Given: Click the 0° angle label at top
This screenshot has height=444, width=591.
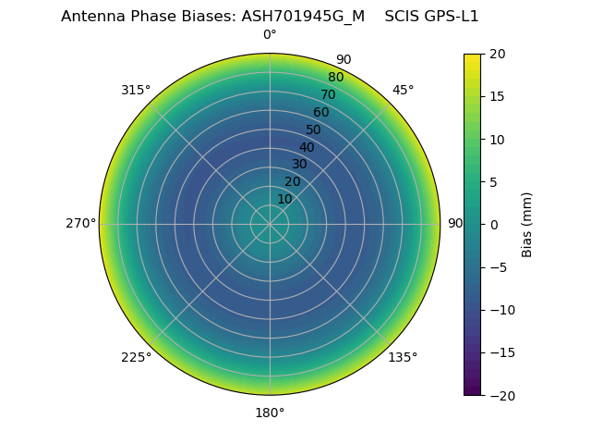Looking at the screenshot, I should pyautogui.click(x=270, y=35).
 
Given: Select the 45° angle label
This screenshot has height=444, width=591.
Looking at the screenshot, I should pyautogui.click(x=403, y=90).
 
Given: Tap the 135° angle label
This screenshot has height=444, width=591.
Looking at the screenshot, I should pyautogui.click(x=403, y=357).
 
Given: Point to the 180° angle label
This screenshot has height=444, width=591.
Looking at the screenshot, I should pyautogui.click(x=270, y=413).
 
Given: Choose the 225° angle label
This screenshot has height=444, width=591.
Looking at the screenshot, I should pyautogui.click(x=136, y=357).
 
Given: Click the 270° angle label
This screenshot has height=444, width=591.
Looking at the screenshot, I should pyautogui.click(x=80, y=224).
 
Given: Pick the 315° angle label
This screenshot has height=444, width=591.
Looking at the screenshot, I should pyautogui.click(x=136, y=90).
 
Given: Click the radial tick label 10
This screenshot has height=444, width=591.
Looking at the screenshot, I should pyautogui.click(x=284, y=199).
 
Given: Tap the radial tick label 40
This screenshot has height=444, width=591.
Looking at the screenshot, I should pyautogui.click(x=307, y=147).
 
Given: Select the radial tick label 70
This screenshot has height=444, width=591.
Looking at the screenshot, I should pyautogui.click(x=328, y=94).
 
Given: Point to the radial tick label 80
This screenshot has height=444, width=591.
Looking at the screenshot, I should pyautogui.click(x=335, y=77).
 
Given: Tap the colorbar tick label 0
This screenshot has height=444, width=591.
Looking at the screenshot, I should pyautogui.click(x=492, y=224).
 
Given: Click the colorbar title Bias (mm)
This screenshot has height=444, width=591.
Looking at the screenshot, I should pyautogui.click(x=527, y=224).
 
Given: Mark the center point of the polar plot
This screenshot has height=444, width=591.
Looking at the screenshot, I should pyautogui.click(x=270, y=224).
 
